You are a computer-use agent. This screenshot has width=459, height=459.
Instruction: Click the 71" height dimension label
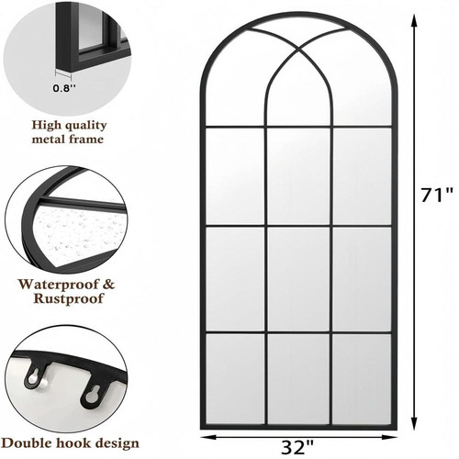[x=437, y=195]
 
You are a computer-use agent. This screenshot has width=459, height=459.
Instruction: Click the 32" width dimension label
[x=297, y=448]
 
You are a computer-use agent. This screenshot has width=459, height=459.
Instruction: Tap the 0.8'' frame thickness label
[x=64, y=88]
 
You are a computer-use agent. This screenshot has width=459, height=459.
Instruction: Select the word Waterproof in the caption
[x=58, y=285]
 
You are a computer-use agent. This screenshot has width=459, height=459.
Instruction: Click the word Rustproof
[x=68, y=298]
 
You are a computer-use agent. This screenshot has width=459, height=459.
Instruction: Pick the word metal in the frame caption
[x=49, y=140]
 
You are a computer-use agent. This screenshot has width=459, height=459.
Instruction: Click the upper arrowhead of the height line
[x=414, y=22]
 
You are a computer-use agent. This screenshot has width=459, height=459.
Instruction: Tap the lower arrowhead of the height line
[x=414, y=423]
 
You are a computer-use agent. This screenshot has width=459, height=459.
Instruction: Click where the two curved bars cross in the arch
[x=298, y=49]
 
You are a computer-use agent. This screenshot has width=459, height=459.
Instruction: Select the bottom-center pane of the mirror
[x=298, y=379]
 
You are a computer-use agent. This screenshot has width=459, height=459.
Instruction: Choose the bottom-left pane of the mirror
[x=235, y=379]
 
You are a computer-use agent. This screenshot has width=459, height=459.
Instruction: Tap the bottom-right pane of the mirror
[x=362, y=379]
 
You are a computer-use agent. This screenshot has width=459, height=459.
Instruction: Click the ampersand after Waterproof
[x=107, y=285]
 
